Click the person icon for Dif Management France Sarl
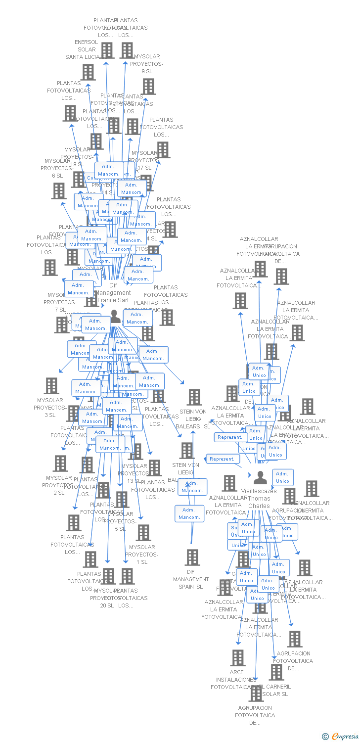[115, 316]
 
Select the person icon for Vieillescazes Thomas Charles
[260, 477]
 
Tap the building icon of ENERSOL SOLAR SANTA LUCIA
[88, 72]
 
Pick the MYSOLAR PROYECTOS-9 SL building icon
[148, 86]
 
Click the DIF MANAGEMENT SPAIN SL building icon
[192, 557]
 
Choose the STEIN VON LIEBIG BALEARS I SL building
[194, 397]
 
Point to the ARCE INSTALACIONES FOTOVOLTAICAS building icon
[238, 657]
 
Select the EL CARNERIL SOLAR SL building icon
[276, 672]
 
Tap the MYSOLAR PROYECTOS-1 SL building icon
[143, 533]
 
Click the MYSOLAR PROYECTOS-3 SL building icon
[51, 386]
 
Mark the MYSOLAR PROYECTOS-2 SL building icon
[60, 464]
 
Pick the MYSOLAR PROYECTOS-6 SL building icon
[59, 190]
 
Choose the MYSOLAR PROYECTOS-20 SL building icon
[108, 576]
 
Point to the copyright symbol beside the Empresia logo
[325, 737]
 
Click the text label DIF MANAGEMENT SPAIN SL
[191, 579]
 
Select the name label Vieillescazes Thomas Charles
[259, 498]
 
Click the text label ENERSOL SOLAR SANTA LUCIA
[83, 49]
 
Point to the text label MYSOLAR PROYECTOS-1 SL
[142, 555]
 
